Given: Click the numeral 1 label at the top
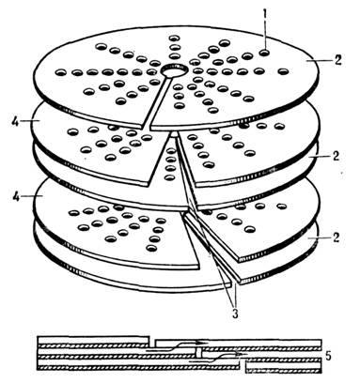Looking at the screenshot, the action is pyautogui.click(x=265, y=14).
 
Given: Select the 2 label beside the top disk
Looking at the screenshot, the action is pyautogui.click(x=337, y=60).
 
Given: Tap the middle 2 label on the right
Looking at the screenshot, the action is pyautogui.click(x=336, y=156).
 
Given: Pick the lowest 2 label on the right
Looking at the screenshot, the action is pyautogui.click(x=336, y=237).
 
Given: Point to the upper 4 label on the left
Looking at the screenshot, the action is pyautogui.click(x=15, y=121).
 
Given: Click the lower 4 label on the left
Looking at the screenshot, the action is pyautogui.click(x=15, y=196).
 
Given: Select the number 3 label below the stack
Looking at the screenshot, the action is pyautogui.click(x=235, y=313).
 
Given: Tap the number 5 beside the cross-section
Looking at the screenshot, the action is pyautogui.click(x=329, y=356).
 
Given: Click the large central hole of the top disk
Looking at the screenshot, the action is pyautogui.click(x=173, y=70).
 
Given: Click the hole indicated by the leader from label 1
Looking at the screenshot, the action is pyautogui.click(x=265, y=53).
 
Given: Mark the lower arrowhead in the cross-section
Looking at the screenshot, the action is pyautogui.click(x=243, y=354).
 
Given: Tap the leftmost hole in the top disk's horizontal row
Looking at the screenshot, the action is pyautogui.click(x=61, y=73).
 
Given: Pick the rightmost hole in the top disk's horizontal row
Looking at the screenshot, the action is pyautogui.click(x=283, y=71).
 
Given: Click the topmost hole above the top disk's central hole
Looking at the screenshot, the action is pyautogui.click(x=174, y=38).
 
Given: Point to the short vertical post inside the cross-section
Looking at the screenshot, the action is pyautogui.click(x=198, y=354).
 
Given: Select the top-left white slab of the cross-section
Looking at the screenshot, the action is pyautogui.click(x=93, y=340).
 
